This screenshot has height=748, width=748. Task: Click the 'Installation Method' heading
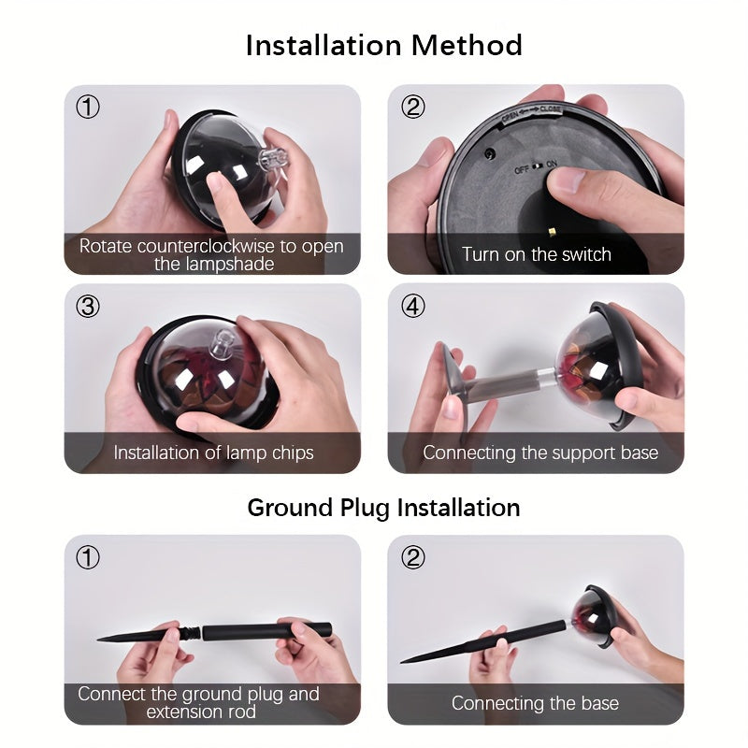(x=383, y=45)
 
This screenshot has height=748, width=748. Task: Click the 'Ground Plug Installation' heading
(x=383, y=508)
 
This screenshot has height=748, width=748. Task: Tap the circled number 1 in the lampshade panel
(x=87, y=108)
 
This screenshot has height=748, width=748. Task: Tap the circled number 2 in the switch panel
(x=412, y=108)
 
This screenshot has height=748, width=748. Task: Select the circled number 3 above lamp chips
(x=87, y=307)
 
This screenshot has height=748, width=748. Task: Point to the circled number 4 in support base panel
(x=412, y=307)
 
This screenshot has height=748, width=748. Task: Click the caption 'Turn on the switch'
(x=536, y=254)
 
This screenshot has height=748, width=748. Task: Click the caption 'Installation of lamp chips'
(x=213, y=453)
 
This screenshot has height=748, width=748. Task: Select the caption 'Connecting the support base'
(x=540, y=453)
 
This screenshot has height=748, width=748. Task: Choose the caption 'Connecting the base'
(x=535, y=703)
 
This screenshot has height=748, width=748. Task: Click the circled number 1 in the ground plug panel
(x=87, y=558)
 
